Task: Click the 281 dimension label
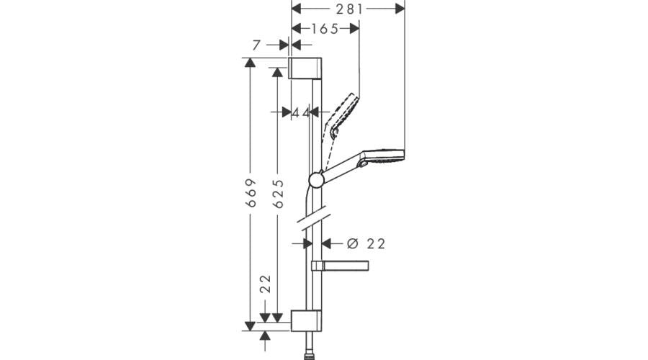(x=348, y=9)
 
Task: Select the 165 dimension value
(x=325, y=29)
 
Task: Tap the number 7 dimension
(x=257, y=45)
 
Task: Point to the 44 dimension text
(x=301, y=112)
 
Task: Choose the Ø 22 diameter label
(x=366, y=243)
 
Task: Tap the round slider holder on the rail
(x=316, y=179)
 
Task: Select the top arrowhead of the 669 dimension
(x=251, y=63)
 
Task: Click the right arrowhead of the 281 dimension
(x=400, y=9)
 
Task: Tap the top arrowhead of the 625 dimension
(x=277, y=72)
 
